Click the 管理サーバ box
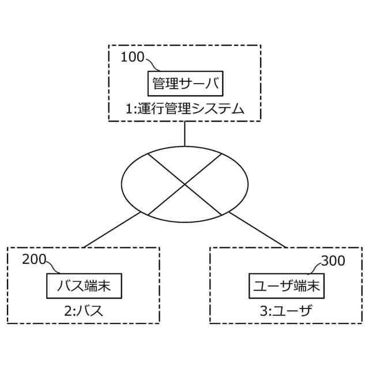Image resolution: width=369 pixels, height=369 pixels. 186,83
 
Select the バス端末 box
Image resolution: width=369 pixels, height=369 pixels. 84,285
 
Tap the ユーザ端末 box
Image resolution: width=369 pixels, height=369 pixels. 287,285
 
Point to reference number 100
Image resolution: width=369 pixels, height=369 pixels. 133,58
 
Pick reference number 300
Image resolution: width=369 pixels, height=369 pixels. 333,260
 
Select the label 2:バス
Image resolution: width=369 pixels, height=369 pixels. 84,311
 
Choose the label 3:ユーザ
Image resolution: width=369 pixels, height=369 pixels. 285,311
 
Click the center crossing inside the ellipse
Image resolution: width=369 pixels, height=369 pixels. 184,184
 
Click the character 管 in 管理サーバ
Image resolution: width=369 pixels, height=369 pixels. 159,83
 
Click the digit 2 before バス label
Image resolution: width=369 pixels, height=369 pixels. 67,311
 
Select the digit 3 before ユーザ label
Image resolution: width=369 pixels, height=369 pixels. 263,311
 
